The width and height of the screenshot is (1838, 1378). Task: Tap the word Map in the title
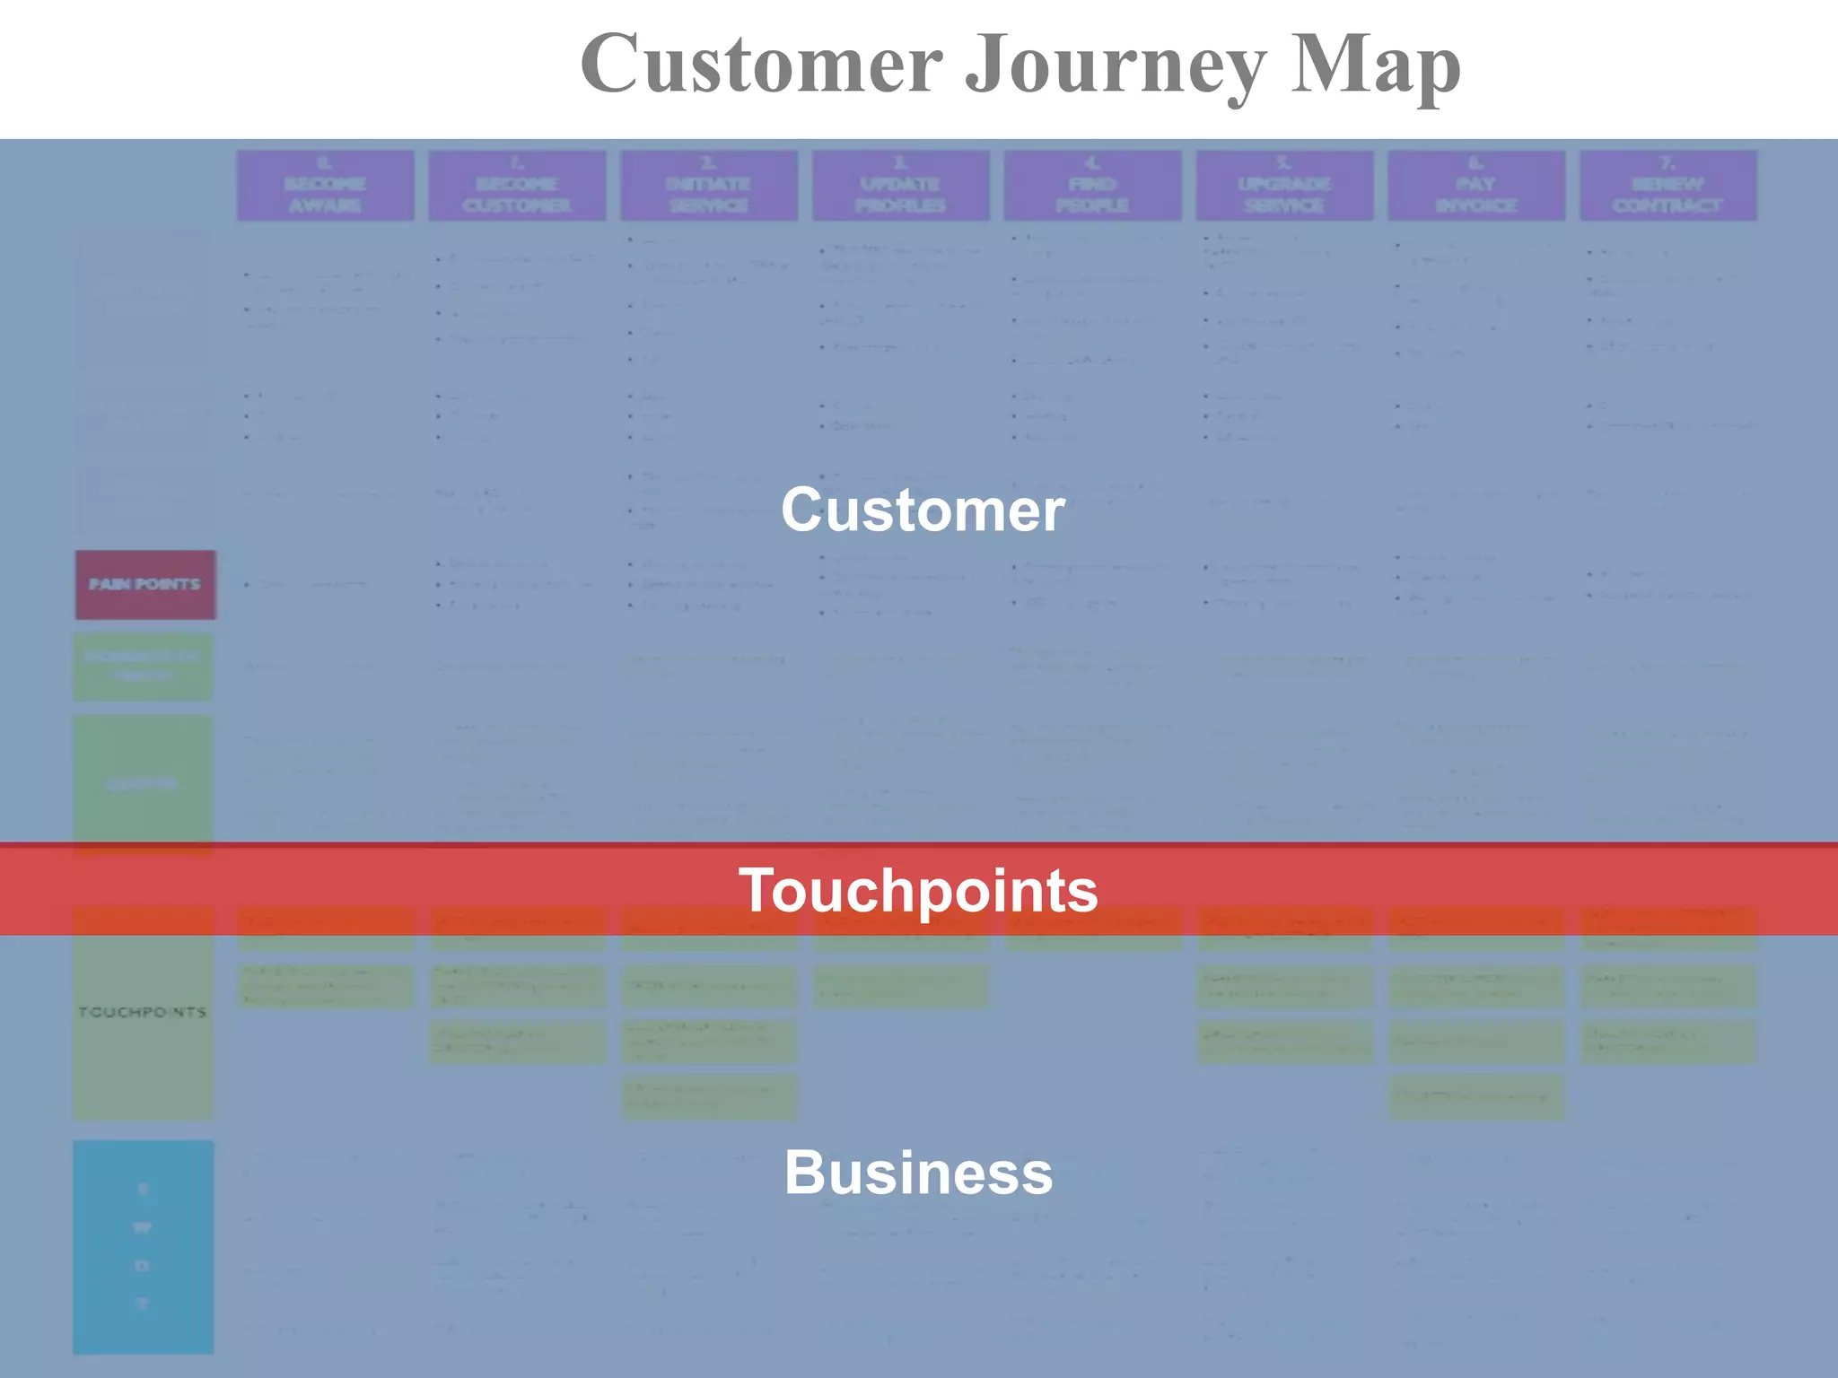(x=1375, y=65)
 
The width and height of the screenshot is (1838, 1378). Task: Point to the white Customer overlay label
(x=923, y=510)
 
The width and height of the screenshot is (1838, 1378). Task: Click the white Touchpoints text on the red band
(x=918, y=890)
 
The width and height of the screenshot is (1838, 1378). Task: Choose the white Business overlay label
(x=918, y=1172)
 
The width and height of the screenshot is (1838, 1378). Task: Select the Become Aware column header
(x=325, y=185)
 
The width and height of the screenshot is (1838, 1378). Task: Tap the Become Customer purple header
(x=517, y=185)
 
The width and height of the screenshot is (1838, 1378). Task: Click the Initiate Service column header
(x=709, y=185)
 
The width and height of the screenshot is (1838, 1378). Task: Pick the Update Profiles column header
(x=900, y=185)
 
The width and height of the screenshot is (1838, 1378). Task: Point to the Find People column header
(x=1092, y=185)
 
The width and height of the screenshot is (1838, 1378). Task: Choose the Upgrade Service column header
(x=1284, y=185)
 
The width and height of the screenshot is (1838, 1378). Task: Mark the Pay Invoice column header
(x=1476, y=185)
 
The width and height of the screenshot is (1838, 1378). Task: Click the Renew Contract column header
(x=1667, y=185)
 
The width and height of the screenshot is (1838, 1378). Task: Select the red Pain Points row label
(x=145, y=584)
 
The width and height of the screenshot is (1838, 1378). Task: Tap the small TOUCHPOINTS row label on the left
(x=143, y=1012)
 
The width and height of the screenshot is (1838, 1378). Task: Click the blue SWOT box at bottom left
(x=143, y=1246)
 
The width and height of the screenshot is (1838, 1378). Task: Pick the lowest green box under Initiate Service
(x=709, y=1096)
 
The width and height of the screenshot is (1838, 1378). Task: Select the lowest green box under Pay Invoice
(x=1476, y=1096)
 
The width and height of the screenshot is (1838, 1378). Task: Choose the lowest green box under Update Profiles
(x=900, y=986)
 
